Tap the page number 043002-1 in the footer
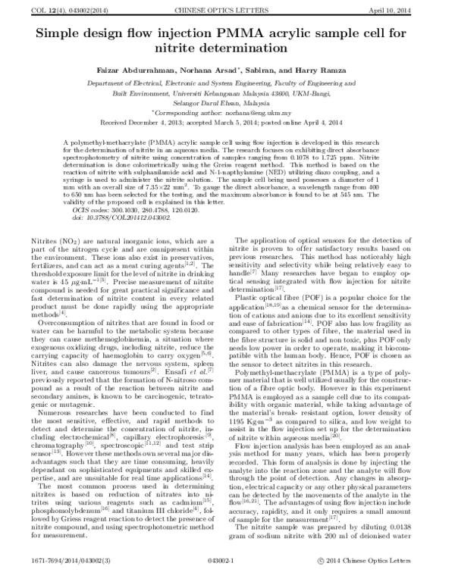coord(227,580)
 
